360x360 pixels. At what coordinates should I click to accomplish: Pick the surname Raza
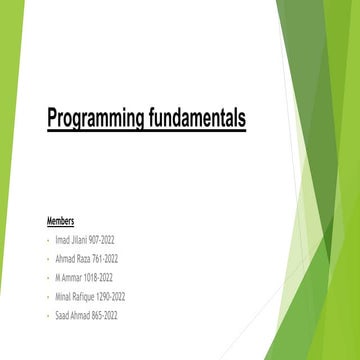pyautogui.click(x=80, y=260)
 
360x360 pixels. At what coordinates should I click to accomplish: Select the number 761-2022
pyautogui.click(x=103, y=260)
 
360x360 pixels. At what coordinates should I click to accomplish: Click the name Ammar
pyautogui.click(x=72, y=278)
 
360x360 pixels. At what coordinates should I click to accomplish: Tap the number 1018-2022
pyautogui.click(x=98, y=278)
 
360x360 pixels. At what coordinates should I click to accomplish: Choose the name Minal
pyautogui.click(x=63, y=297)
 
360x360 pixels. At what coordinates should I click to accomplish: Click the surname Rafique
pyautogui.click(x=86, y=297)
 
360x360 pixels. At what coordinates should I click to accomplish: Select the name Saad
pyautogui.click(x=63, y=315)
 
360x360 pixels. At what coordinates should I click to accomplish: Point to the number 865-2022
pyautogui.click(x=104, y=315)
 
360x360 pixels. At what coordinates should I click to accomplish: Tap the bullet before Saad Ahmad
pyautogui.click(x=48, y=315)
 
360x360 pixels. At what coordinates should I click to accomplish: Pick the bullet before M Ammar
pyautogui.click(x=48, y=278)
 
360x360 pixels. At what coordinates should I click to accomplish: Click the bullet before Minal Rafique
pyautogui.click(x=48, y=297)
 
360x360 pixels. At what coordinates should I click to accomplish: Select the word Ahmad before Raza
pyautogui.click(x=64, y=260)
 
